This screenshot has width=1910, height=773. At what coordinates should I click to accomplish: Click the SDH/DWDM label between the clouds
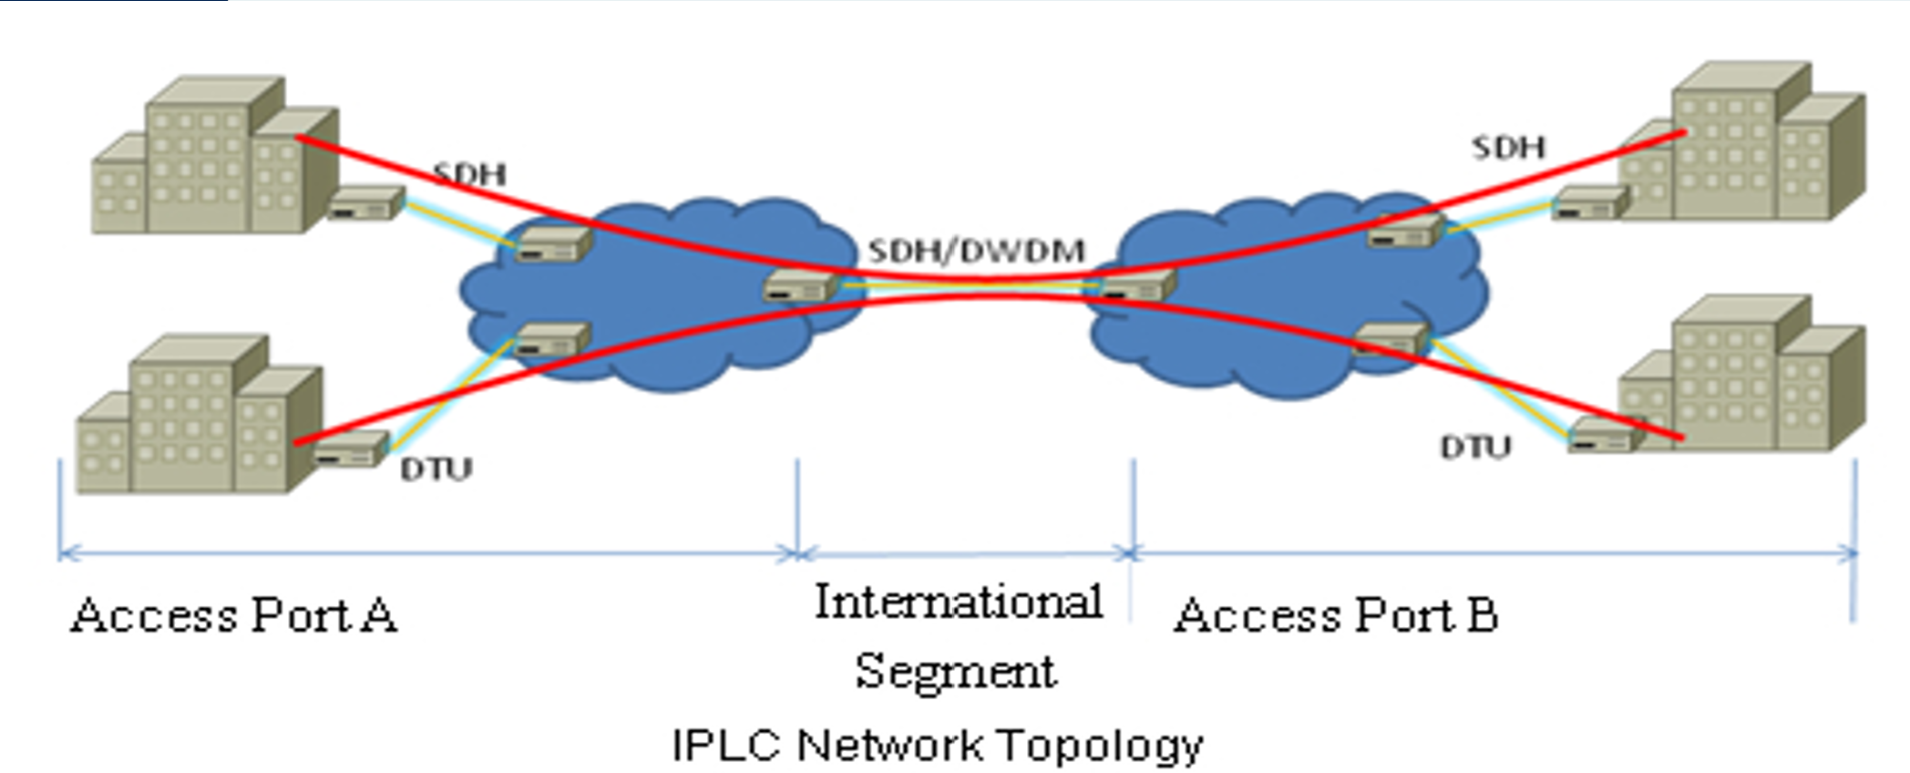click(x=976, y=251)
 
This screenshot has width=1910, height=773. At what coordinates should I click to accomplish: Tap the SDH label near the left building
click(x=468, y=173)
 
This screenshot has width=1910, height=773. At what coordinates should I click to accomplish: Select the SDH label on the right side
click(x=1508, y=147)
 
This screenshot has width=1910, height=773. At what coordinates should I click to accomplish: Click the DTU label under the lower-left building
click(x=436, y=469)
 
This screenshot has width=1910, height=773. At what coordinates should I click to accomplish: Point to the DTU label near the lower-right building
click(x=1474, y=447)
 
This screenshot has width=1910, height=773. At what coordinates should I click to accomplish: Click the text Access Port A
click(x=233, y=614)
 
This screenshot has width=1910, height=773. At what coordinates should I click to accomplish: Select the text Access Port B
click(x=1335, y=614)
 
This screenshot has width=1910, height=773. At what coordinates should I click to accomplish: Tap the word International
click(x=958, y=603)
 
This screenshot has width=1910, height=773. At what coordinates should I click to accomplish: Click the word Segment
click(x=955, y=672)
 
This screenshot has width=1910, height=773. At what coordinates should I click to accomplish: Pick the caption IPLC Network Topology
click(x=937, y=745)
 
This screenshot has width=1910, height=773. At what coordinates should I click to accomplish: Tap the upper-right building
click(x=1741, y=146)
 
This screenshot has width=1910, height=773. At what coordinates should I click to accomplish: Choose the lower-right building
click(x=1741, y=378)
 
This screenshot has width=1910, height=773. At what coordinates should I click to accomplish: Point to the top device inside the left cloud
click(x=552, y=245)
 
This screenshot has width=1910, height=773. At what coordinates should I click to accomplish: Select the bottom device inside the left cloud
click(x=551, y=340)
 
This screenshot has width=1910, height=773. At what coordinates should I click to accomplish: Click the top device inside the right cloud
click(x=1404, y=232)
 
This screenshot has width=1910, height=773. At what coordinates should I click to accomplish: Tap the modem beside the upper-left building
click(x=365, y=202)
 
